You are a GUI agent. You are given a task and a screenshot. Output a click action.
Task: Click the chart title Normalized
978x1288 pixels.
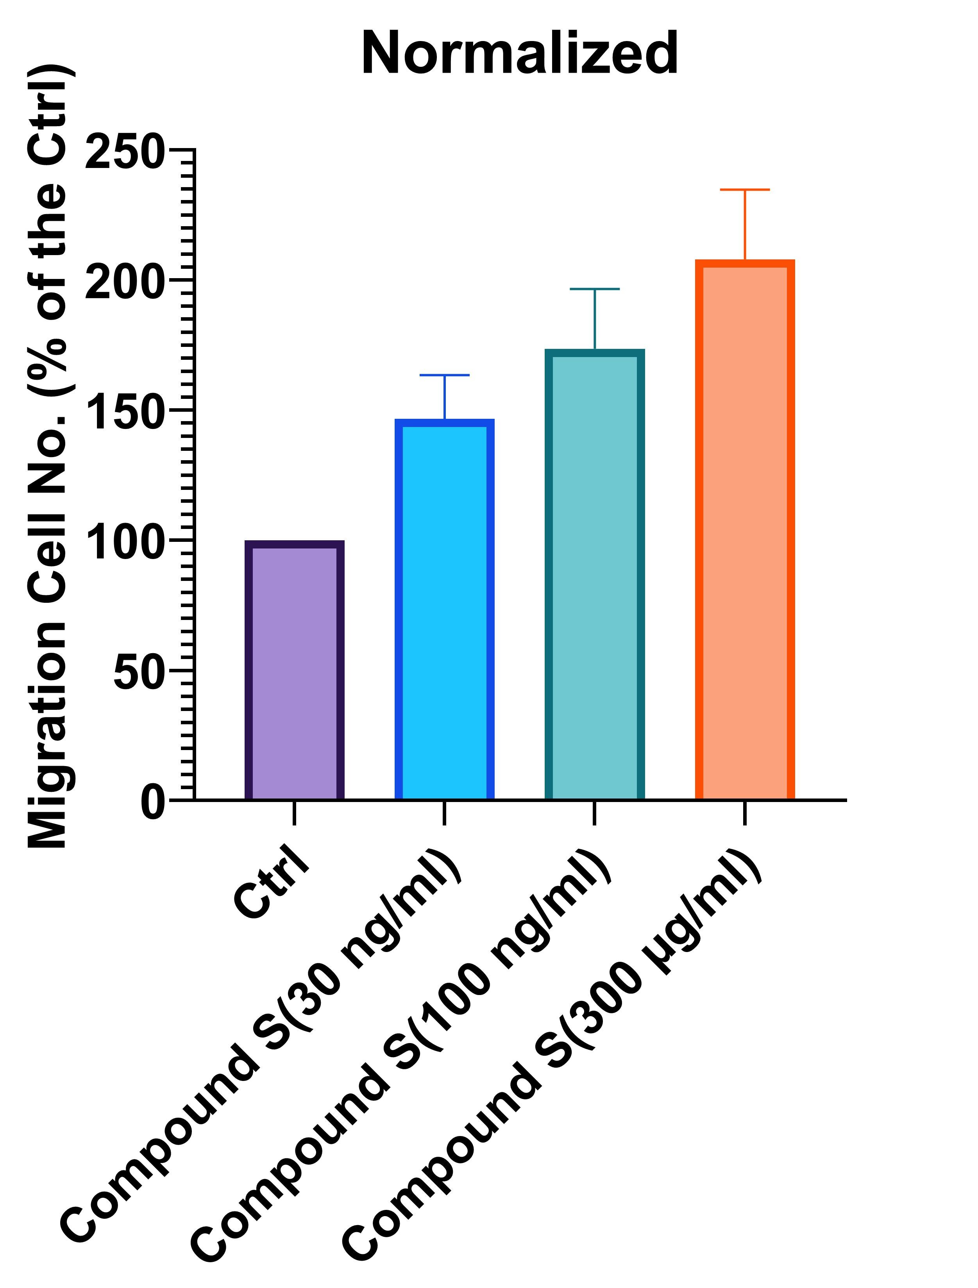[x=520, y=54]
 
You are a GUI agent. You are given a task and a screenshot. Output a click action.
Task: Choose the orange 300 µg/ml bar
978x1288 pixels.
[x=744, y=530]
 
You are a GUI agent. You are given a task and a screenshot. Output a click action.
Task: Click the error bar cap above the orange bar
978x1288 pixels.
[x=744, y=190]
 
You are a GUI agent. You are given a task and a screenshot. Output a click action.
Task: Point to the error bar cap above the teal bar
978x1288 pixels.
[x=594, y=289]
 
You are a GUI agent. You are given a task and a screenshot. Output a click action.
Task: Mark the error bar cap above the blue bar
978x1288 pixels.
[x=444, y=375]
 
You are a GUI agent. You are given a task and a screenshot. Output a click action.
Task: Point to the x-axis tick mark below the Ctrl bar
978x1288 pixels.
[x=294, y=813]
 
